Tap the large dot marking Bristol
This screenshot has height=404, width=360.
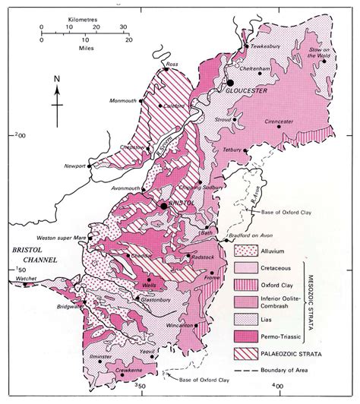162,205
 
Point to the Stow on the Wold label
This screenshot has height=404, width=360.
324,52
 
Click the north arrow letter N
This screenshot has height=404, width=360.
56,78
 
